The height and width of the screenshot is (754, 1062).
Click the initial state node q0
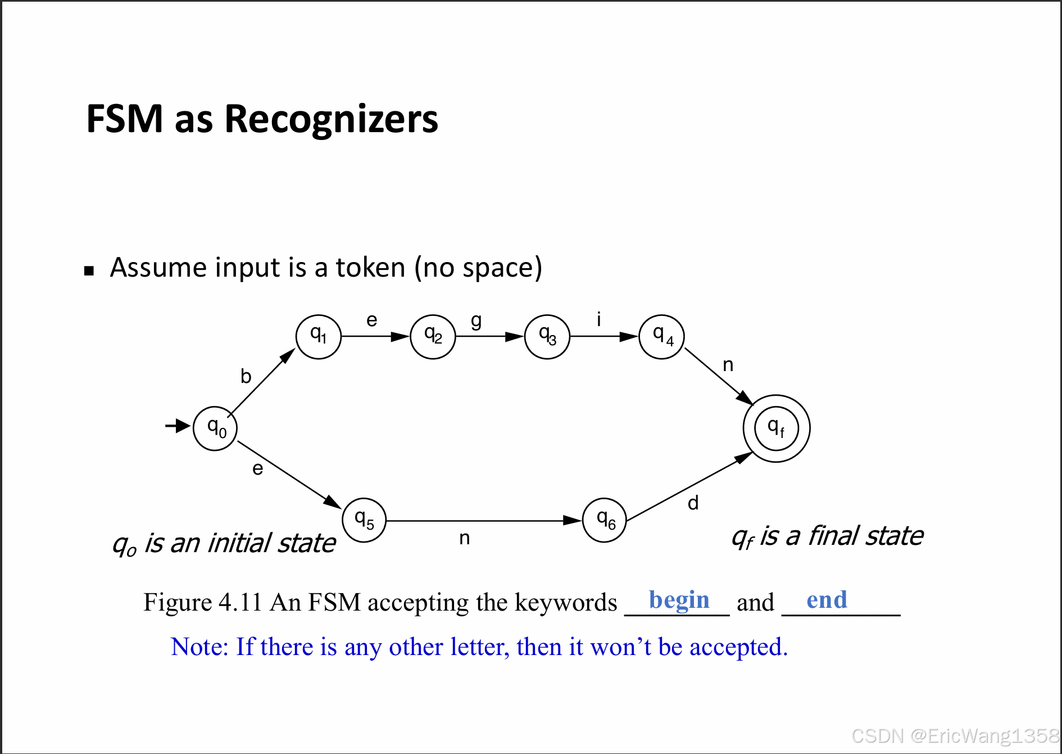(215, 428)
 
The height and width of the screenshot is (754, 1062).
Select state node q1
(319, 336)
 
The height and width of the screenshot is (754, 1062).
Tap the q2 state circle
(433, 336)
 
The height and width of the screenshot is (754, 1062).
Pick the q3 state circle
(547, 336)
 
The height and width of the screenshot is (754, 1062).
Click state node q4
(661, 336)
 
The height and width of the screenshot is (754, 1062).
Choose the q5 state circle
(364, 520)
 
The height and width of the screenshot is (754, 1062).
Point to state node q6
(605, 520)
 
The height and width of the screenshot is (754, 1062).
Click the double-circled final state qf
(776, 428)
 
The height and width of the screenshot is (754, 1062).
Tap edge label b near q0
(246, 376)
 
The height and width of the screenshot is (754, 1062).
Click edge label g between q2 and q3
(476, 320)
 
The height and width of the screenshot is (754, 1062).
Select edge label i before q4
(599, 319)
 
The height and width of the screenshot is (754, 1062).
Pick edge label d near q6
(693, 503)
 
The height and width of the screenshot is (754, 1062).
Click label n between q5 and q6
(464, 538)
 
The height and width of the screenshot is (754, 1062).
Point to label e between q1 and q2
(371, 320)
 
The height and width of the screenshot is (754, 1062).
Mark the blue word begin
(679, 600)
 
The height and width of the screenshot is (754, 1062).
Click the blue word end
(827, 600)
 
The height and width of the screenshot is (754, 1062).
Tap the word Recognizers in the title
(331, 119)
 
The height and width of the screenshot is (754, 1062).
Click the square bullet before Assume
(89, 271)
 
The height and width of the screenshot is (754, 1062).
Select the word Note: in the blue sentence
(199, 647)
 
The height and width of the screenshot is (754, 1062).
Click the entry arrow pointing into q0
(178, 426)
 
